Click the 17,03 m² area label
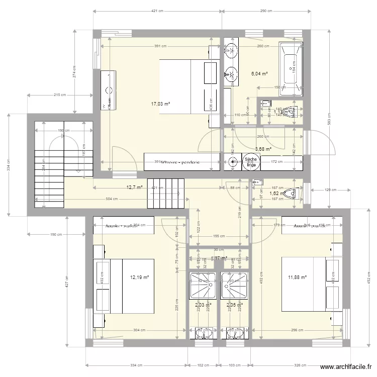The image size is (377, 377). [x=160, y=104]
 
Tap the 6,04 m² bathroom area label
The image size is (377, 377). [x=259, y=73]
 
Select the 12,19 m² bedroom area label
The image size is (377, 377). [x=140, y=276]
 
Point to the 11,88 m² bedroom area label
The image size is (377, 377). [x=297, y=276]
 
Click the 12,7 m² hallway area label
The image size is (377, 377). [x=134, y=187]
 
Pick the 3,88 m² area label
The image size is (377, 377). [x=263, y=149]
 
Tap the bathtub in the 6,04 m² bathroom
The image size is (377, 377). [x=291, y=68]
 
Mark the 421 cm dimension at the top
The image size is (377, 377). [x=157, y=11]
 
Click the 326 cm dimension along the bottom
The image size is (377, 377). [x=300, y=365]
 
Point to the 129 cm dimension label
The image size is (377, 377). [x=327, y=190]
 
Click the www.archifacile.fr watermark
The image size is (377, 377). [x=344, y=367]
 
